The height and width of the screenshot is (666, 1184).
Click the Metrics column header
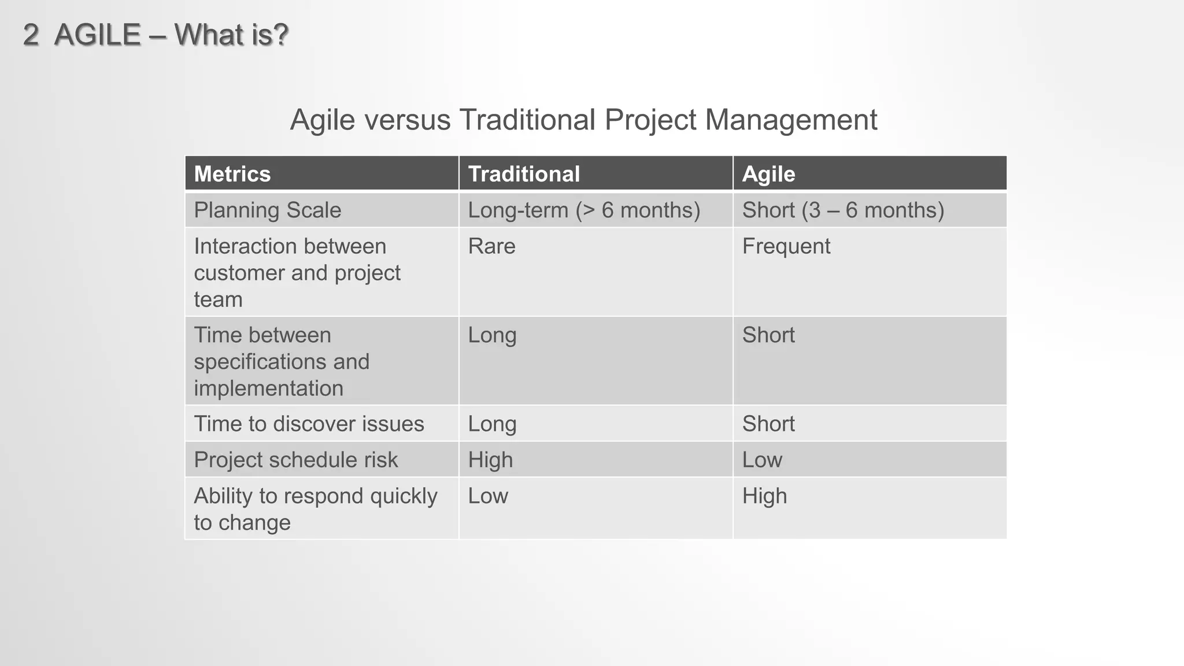click(x=232, y=174)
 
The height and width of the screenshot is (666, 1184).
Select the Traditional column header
click(x=524, y=174)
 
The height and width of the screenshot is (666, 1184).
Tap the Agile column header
click(x=768, y=174)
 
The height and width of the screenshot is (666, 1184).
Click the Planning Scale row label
click(x=267, y=210)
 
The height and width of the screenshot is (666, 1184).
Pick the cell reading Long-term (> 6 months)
click(x=584, y=210)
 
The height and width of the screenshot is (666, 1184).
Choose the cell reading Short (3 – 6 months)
click(x=843, y=210)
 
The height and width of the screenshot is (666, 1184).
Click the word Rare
click(x=491, y=246)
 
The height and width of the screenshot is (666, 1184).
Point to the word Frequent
click(x=786, y=246)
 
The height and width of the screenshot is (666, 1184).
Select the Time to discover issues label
click(x=309, y=424)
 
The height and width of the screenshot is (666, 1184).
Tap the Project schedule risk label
click(x=295, y=460)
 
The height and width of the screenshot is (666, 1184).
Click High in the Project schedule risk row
click(x=490, y=460)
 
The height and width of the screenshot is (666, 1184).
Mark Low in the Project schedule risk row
click(x=762, y=460)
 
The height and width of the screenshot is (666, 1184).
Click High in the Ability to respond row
click(x=764, y=496)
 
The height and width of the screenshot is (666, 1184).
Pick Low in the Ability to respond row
click(x=488, y=496)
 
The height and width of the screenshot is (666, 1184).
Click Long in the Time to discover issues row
click(x=492, y=424)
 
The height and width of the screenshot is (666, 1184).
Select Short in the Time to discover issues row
click(x=768, y=424)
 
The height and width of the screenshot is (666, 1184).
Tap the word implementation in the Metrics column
click(x=268, y=388)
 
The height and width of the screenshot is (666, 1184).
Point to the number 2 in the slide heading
click(x=31, y=35)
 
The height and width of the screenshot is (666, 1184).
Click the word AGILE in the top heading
click(x=97, y=35)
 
